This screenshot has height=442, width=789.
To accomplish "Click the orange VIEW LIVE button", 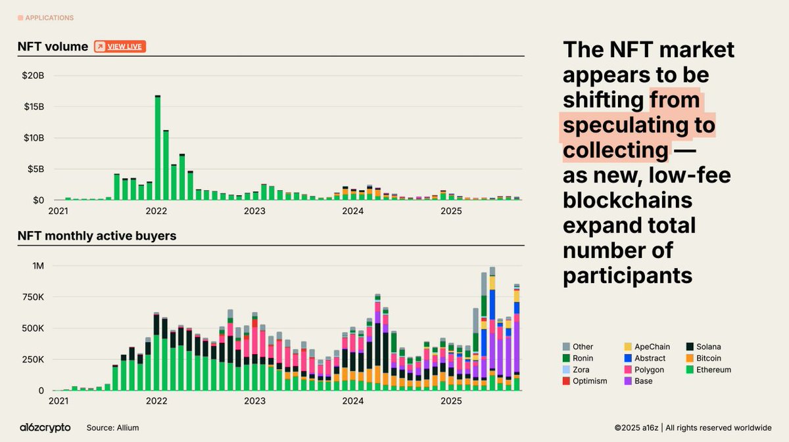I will click(120, 47).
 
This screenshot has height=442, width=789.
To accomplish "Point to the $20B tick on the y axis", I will click(33, 76).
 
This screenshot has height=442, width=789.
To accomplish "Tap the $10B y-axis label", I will click(33, 138).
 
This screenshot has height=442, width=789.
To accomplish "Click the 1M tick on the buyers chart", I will click(37, 266).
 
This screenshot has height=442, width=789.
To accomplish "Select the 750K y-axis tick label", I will click(33, 297).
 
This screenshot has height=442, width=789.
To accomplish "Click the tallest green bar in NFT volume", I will click(158, 148).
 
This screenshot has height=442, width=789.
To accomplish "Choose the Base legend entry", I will click(643, 381).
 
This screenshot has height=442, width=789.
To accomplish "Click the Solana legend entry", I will click(707, 347).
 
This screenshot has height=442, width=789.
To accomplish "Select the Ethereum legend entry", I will click(711, 370).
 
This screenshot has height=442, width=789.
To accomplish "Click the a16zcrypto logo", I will click(45, 428).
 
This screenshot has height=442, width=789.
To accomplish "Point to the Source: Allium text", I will click(112, 428).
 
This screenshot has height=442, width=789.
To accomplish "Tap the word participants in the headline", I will click(627, 275).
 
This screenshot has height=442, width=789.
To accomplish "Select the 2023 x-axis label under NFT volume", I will click(254, 211).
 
